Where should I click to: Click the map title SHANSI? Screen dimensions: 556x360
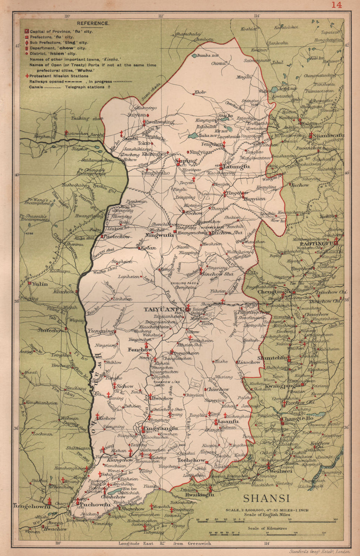point(266,498)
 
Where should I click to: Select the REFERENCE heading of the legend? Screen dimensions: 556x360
point(93,23)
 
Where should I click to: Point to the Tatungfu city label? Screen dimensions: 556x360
point(237,167)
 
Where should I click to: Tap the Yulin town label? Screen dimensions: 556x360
point(40,284)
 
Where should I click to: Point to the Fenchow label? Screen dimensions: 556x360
point(140,350)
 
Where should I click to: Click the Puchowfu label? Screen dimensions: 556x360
point(95,505)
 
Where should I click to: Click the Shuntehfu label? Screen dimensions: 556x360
point(272,358)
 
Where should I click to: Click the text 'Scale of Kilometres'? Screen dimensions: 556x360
point(267,528)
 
